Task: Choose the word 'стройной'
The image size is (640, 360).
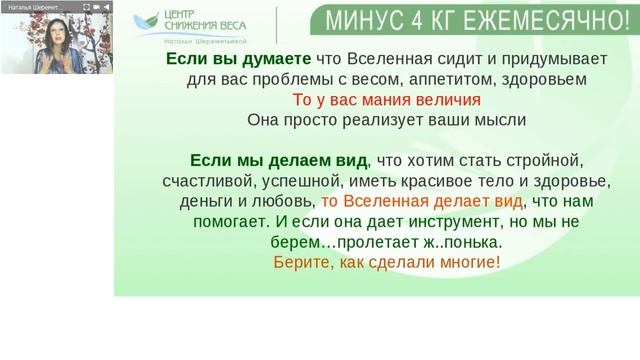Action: (x=546, y=160)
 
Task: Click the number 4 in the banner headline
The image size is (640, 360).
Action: (x=407, y=17)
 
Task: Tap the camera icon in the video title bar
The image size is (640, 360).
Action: (x=96, y=7)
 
